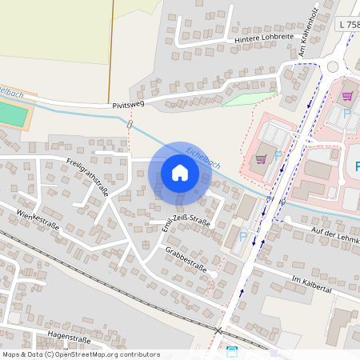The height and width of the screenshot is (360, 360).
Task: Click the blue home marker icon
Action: pos(180,173)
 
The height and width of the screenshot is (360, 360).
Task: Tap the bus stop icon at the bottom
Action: pos(232,351)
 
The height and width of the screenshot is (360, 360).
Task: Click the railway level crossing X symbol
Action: pos(218,330)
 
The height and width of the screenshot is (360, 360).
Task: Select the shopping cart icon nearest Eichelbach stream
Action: pos(261,158)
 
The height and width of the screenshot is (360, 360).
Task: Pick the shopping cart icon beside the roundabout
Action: pos(347,95)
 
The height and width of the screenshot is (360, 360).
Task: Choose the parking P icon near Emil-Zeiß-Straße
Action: pos(243,236)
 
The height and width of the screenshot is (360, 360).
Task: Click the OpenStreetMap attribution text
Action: pos(80,354)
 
